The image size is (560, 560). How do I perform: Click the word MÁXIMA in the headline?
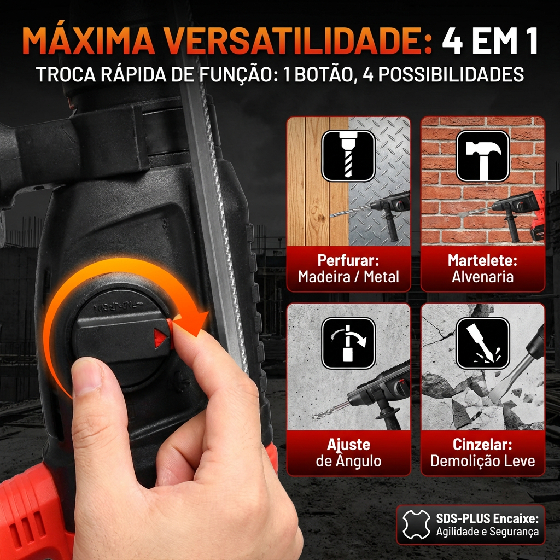(x=88, y=40)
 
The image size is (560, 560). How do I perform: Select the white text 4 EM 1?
(x=490, y=40)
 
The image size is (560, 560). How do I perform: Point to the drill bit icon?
(x=348, y=156)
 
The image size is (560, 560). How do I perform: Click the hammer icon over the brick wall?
(x=482, y=156)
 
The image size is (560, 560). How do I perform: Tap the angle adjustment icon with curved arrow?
(x=348, y=343)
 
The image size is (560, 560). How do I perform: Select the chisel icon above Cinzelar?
(x=482, y=343)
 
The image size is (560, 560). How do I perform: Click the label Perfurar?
(x=348, y=260)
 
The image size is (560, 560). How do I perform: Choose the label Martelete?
(x=482, y=260)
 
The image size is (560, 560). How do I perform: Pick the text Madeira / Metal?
(x=348, y=277)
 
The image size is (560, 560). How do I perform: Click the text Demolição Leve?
(x=482, y=461)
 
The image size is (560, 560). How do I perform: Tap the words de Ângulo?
(x=348, y=460)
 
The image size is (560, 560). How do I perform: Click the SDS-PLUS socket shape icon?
(x=416, y=524)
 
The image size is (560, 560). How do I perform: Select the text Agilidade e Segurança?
(x=487, y=532)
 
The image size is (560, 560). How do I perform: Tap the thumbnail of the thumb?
(x=87, y=377)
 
